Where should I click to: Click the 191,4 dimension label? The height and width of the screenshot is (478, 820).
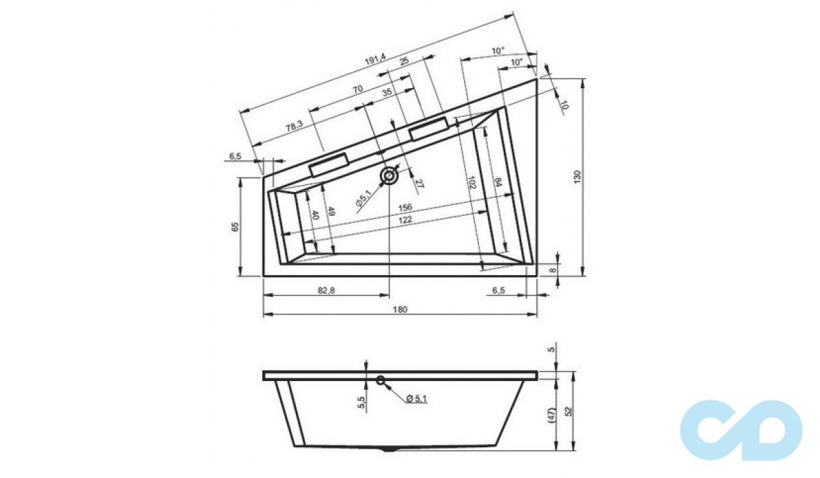(375, 62)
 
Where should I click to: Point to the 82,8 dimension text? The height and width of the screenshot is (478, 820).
(326, 291)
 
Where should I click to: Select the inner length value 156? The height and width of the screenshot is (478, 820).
(405, 208)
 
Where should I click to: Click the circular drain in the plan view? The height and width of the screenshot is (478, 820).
(389, 176)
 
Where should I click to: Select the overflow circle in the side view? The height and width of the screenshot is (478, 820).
(381, 380)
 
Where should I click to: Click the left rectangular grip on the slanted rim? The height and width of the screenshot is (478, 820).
(329, 165)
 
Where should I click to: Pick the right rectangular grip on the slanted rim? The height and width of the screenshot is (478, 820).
(429, 128)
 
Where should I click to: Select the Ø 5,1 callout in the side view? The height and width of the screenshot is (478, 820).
(416, 399)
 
